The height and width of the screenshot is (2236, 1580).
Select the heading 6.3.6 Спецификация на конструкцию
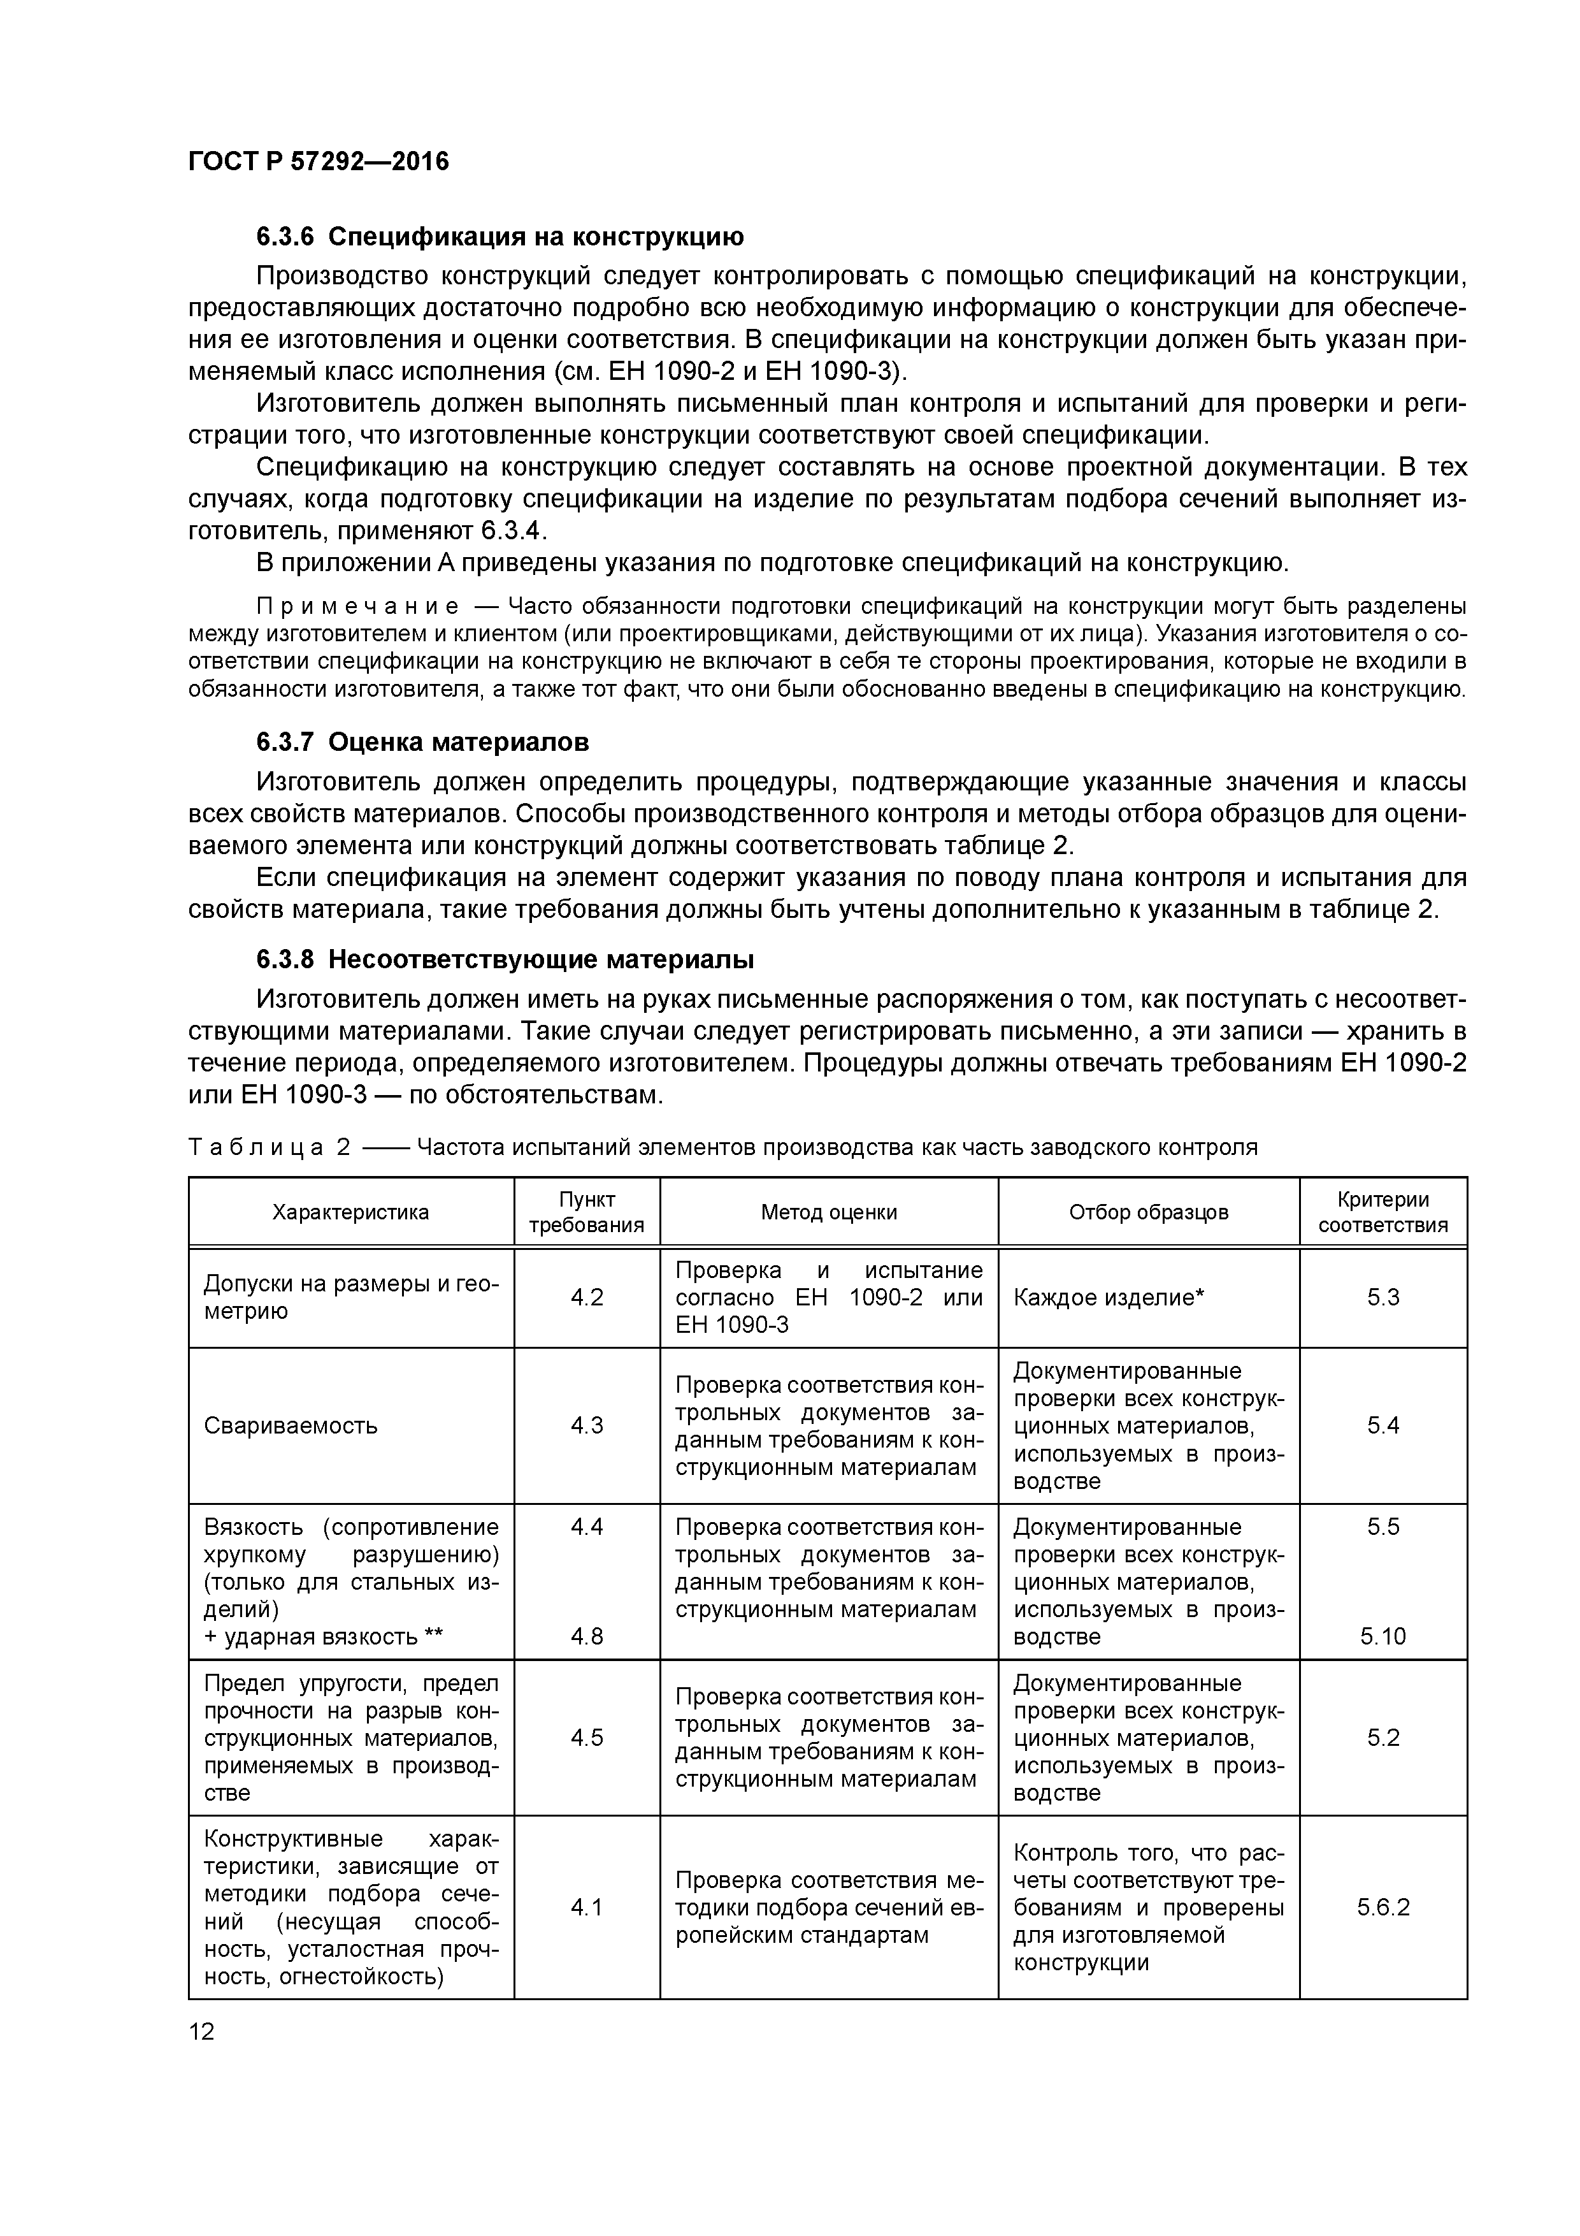pos(499,236)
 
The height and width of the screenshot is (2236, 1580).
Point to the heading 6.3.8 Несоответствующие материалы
pos(505,959)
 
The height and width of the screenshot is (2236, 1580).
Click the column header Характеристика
pos(350,1212)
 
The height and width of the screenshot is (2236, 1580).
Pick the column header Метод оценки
pos(828,1212)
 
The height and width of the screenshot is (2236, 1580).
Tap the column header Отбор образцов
pos(1148,1212)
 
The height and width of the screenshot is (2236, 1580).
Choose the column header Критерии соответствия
pos(1382,1212)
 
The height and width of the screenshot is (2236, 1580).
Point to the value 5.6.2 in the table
pos(1382,1907)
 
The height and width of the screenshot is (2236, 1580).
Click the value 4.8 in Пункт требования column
pos(586,1636)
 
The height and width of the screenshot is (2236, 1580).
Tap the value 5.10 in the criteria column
pos(1382,1636)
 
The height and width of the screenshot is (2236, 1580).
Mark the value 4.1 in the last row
pos(586,1907)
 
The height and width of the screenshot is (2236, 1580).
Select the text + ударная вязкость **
pos(323,1636)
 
